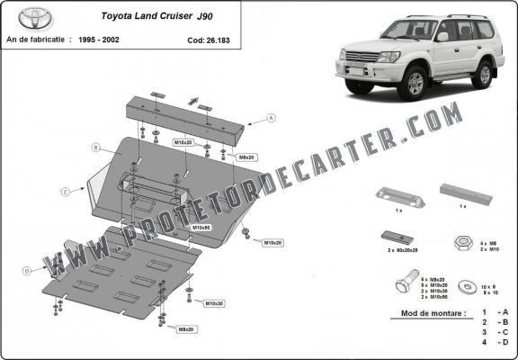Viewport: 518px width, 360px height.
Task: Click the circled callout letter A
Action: click(x=271, y=119)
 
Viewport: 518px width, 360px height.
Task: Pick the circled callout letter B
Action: click(x=94, y=147)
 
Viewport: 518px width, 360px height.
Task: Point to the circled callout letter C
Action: click(x=66, y=192)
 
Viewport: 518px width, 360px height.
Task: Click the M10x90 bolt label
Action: click(x=201, y=229)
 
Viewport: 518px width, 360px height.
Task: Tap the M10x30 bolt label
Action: click(x=214, y=303)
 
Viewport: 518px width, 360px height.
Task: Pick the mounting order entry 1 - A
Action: click(x=494, y=310)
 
